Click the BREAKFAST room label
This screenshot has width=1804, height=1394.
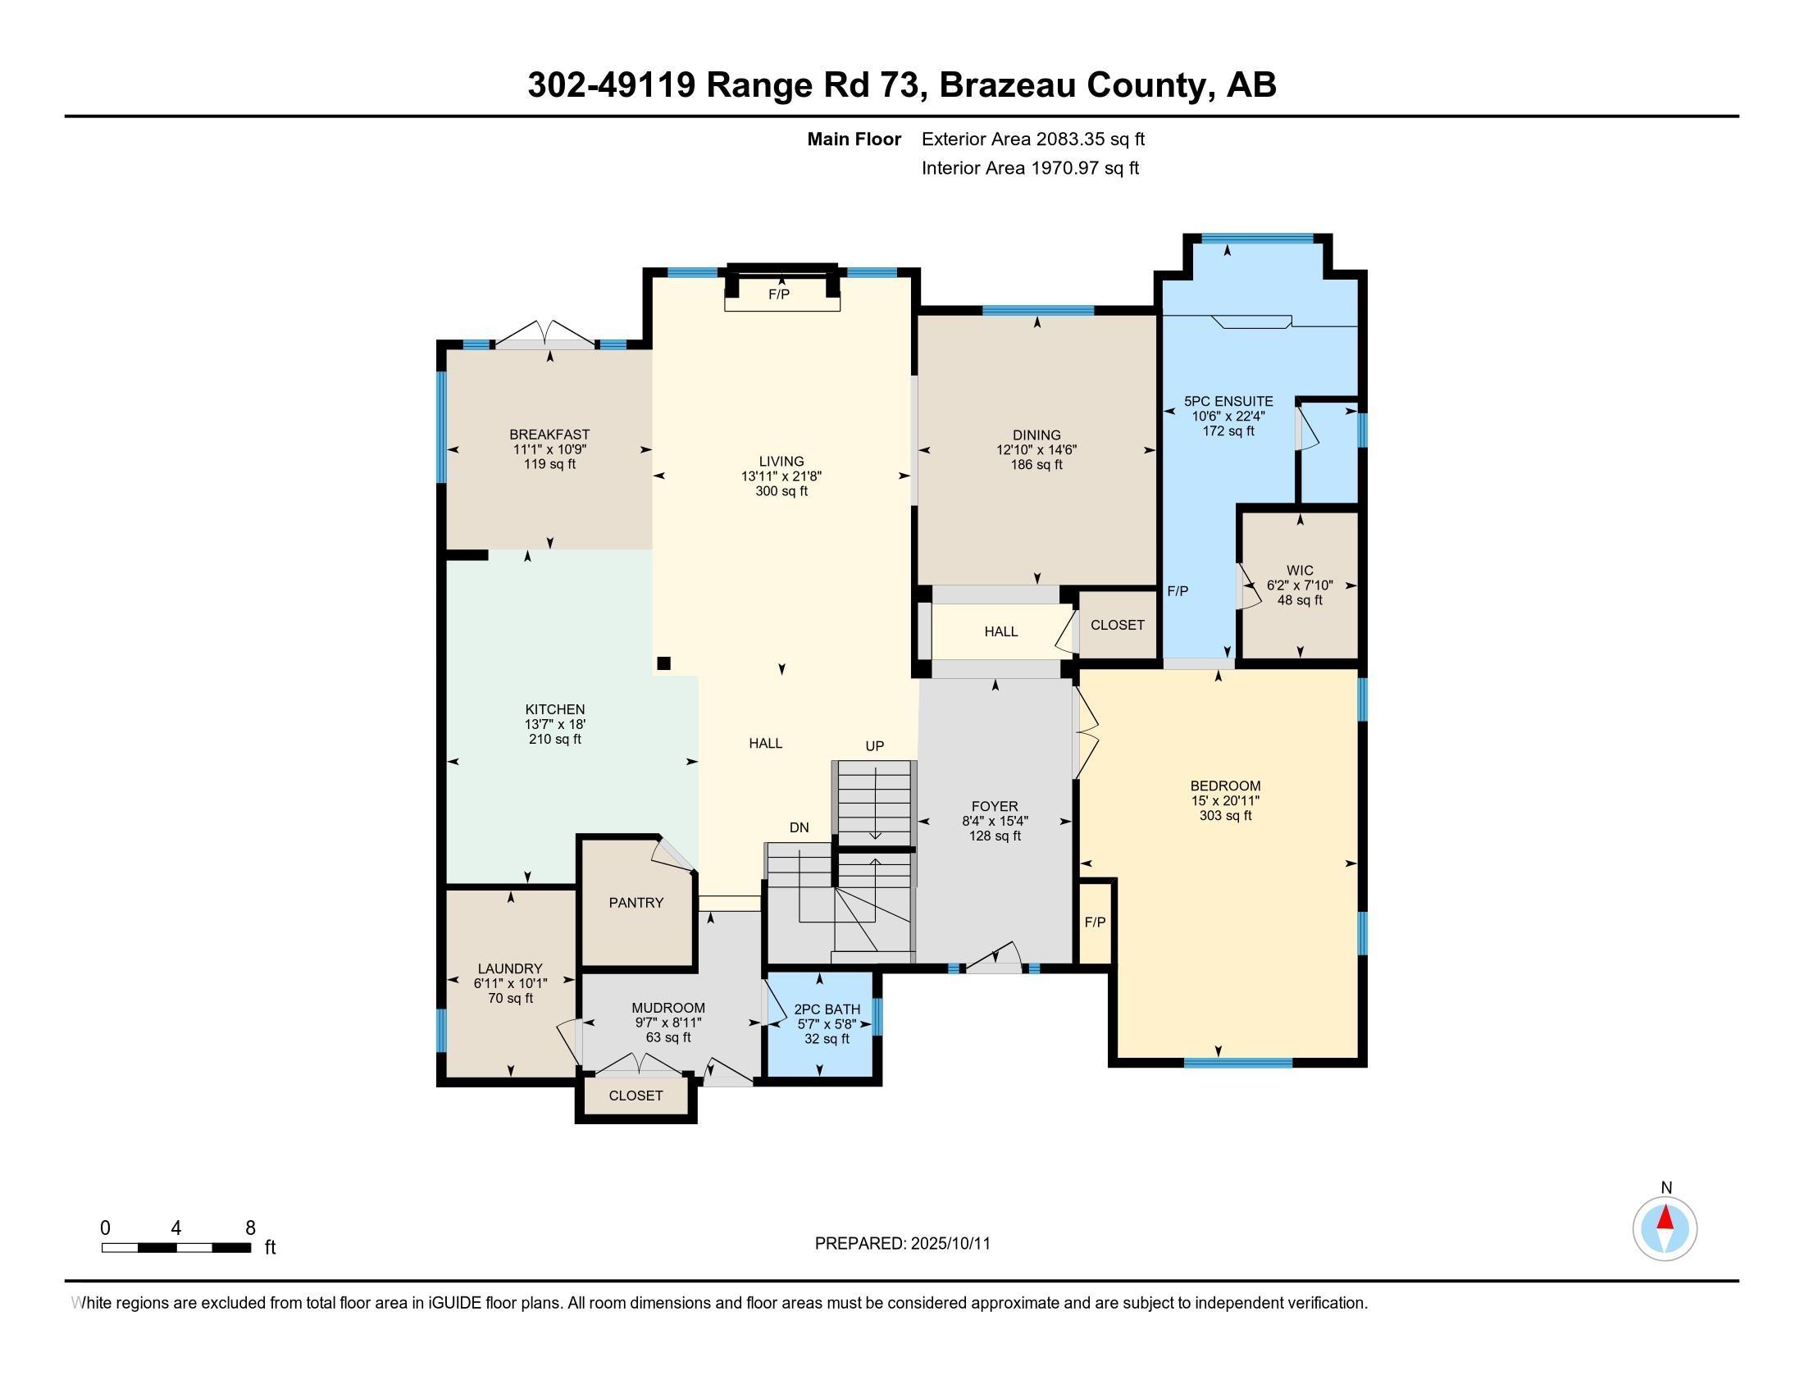[549, 435]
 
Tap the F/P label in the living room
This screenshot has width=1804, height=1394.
[779, 295]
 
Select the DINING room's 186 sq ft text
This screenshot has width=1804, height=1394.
[1036, 465]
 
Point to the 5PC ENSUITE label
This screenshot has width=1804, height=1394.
[1228, 401]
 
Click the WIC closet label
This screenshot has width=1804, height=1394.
[1300, 571]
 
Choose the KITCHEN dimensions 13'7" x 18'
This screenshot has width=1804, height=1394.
[555, 724]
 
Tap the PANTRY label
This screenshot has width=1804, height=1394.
[636, 903]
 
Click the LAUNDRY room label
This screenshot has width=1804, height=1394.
[510, 968]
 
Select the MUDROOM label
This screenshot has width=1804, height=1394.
[668, 1008]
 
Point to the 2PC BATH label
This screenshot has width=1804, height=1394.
[827, 1009]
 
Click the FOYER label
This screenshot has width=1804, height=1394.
[995, 806]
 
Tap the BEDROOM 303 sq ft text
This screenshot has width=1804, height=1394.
[1226, 816]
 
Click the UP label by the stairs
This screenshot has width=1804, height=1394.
[875, 745]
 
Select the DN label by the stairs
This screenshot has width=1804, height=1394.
[799, 827]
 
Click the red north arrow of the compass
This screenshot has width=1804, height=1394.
[1665, 1218]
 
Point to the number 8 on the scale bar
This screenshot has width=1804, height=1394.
[250, 1228]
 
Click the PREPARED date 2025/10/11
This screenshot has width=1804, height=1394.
[949, 1244]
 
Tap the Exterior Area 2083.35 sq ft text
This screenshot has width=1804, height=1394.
[1032, 139]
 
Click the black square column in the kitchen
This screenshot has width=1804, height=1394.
[663, 663]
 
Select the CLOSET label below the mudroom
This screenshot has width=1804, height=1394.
[635, 1095]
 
